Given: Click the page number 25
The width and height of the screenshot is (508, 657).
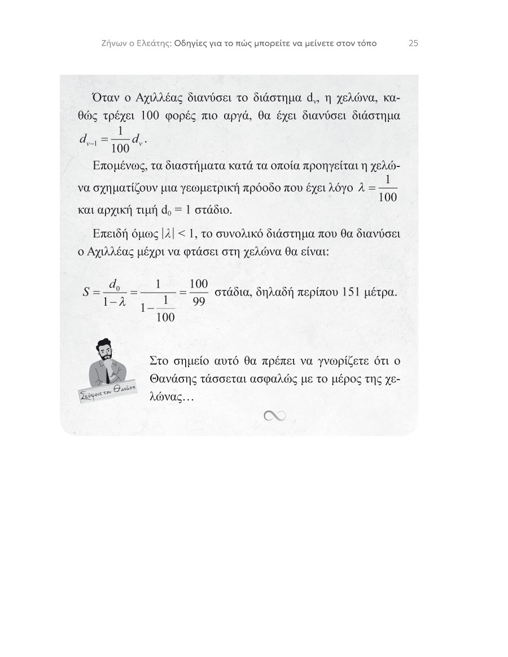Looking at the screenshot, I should point(413,43).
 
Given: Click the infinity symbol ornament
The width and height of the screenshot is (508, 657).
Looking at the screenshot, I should point(275,416).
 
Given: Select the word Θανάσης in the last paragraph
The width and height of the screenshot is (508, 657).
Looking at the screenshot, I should point(173,378).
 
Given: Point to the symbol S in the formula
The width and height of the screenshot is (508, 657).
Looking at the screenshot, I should point(86,292).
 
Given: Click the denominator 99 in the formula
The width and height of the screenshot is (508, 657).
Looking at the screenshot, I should point(199,301).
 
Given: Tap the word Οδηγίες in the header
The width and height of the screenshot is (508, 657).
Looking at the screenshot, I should point(190,43).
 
